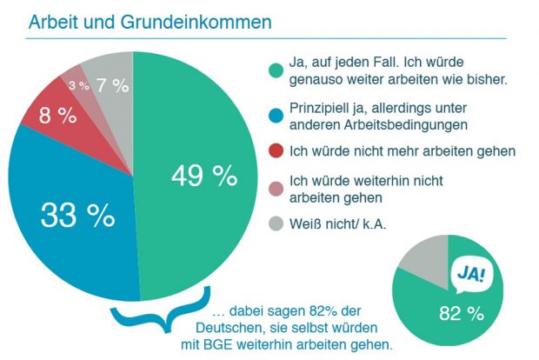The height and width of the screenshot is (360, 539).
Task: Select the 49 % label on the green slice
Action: tap(203, 176)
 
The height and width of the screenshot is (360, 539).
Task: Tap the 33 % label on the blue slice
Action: tap(77, 214)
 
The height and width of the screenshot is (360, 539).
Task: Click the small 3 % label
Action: tap(79, 86)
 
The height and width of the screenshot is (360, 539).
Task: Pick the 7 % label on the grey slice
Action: tap(112, 85)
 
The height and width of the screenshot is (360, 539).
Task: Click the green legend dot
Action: tap(276, 70)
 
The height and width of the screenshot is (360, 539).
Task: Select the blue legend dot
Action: tap(276, 115)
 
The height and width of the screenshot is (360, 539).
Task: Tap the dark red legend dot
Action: tap(276, 151)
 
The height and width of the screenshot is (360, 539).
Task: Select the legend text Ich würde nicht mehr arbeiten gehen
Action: tap(402, 151)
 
